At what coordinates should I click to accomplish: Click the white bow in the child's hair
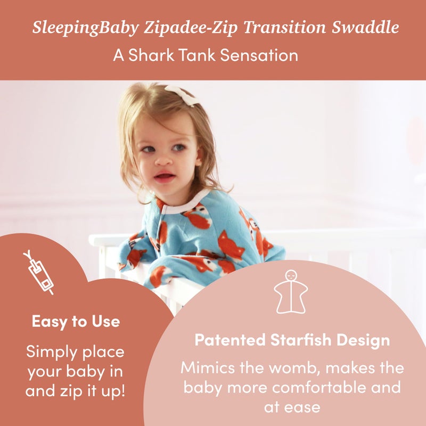click(x=182, y=94)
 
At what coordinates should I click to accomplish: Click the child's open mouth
click(x=165, y=177)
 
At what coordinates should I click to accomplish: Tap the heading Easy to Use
click(x=76, y=322)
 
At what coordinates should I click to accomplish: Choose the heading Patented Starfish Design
click(x=292, y=340)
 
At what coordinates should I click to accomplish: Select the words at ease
click(x=292, y=407)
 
